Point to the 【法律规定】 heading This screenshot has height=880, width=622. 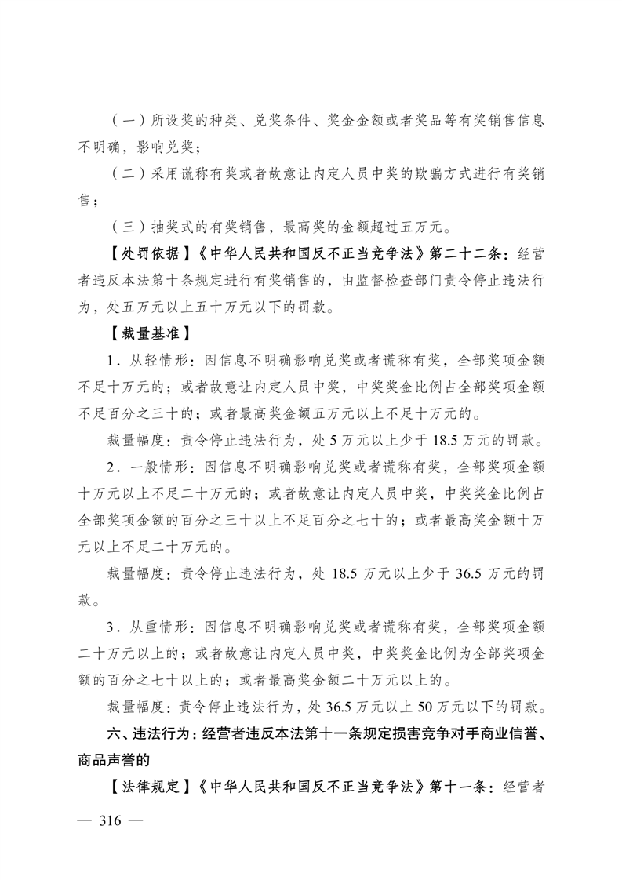[147, 787]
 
